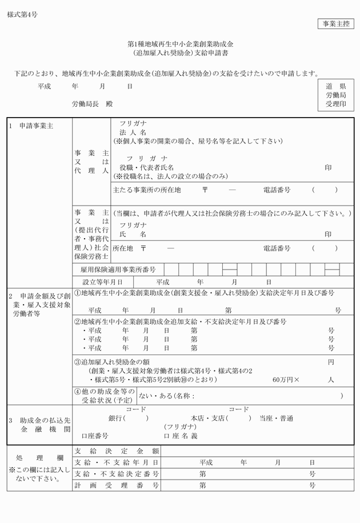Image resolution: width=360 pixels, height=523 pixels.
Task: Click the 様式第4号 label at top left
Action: pos(23,15)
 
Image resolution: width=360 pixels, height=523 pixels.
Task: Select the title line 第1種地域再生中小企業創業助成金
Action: pos(181,44)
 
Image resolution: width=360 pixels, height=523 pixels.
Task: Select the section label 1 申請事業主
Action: pos(31,126)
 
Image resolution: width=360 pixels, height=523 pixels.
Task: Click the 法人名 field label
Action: pos(133,132)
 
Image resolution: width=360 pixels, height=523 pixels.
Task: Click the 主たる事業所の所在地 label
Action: pos(147,190)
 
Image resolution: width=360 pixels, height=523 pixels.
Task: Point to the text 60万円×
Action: pos(286,379)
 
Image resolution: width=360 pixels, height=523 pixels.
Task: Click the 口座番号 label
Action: pos(95,436)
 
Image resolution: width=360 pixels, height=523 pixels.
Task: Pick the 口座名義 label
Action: pos(181,436)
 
